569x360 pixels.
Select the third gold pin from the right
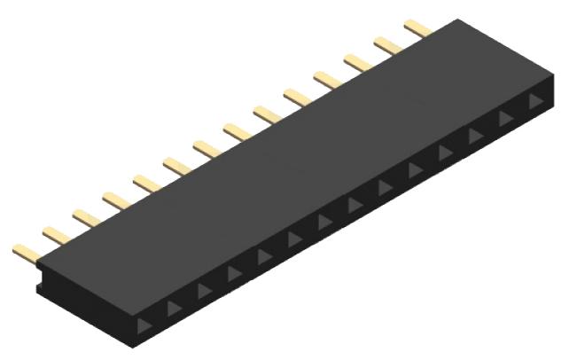pyautogui.click(x=358, y=62)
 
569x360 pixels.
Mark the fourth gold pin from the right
pyautogui.click(x=328, y=79)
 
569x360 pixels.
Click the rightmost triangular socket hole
pyautogui.click(x=534, y=101)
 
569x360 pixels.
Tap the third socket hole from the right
pyautogui.click(x=476, y=135)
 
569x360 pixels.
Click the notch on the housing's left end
pyautogui.click(x=40, y=287)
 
